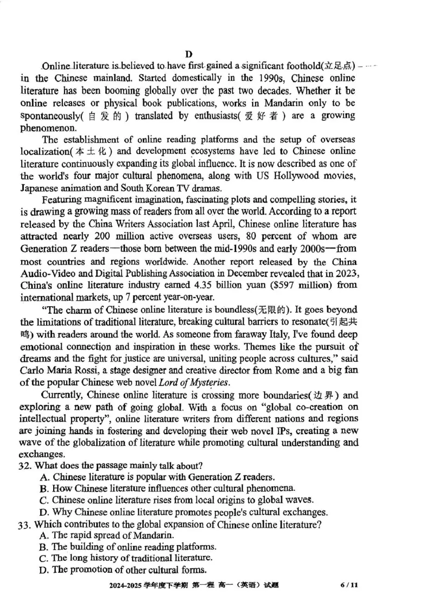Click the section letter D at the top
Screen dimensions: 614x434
[x=189, y=54]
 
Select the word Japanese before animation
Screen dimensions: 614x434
[x=40, y=188]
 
